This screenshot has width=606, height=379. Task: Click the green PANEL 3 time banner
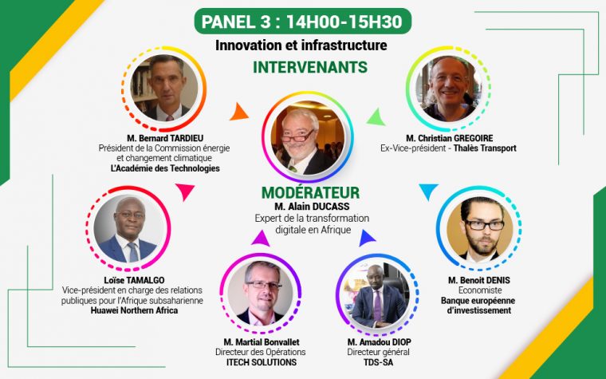(303, 22)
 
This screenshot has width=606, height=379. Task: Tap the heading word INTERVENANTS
(310, 67)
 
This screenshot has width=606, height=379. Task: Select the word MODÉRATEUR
(311, 192)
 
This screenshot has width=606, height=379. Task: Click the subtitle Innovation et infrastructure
(301, 45)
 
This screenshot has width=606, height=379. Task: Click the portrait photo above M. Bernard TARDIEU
(164, 88)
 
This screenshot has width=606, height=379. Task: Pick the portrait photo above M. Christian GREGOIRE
(448, 89)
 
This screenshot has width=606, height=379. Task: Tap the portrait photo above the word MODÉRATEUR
(308, 137)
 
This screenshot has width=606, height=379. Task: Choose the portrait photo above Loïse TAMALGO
(128, 228)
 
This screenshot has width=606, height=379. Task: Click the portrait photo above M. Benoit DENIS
(479, 228)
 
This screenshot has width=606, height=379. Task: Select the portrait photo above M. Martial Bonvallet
(261, 294)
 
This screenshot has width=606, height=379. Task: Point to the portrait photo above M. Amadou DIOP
(377, 294)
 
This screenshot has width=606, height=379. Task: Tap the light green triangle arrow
(376, 117)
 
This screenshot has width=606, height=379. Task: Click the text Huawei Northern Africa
(134, 310)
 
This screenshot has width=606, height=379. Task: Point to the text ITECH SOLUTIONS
(262, 362)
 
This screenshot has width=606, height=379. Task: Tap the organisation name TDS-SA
(379, 362)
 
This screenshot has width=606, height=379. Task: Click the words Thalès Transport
(485, 148)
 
